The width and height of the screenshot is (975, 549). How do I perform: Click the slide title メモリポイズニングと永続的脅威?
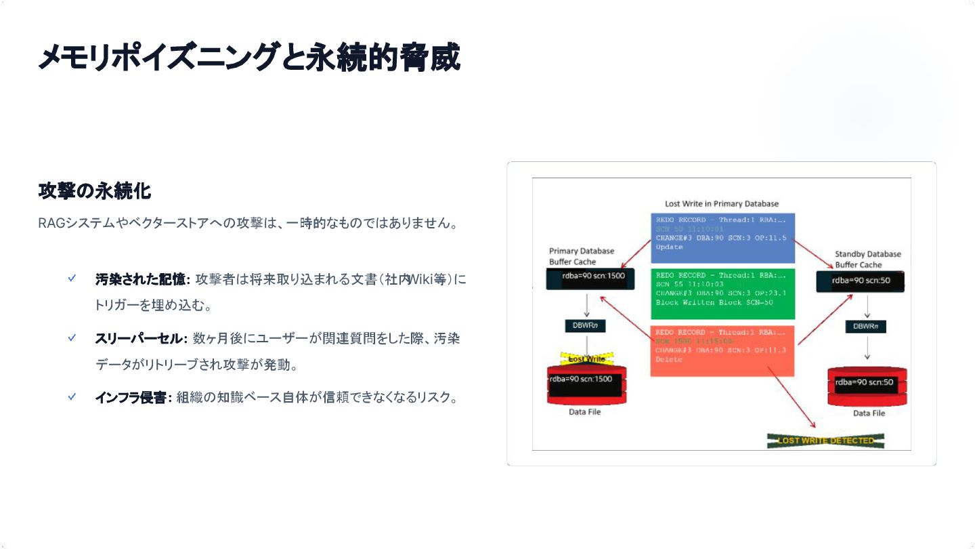[249, 57]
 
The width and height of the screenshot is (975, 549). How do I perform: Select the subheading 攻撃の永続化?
[94, 192]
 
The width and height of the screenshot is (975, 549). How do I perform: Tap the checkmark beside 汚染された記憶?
[72, 278]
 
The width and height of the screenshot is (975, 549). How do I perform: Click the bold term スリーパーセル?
[139, 338]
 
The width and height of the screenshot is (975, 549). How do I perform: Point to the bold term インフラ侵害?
[131, 398]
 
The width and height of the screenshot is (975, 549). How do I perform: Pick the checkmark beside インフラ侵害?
[72, 397]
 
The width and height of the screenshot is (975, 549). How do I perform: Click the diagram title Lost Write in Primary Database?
[722, 203]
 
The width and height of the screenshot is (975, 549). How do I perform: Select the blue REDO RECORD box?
[722, 238]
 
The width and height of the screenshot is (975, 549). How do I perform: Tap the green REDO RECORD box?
[722, 293]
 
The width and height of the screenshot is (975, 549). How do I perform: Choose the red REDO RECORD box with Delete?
[722, 351]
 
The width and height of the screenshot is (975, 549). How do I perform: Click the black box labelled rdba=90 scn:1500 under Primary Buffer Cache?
[586, 277]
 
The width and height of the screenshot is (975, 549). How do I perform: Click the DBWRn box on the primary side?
[586, 326]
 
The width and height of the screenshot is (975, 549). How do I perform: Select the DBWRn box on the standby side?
[866, 326]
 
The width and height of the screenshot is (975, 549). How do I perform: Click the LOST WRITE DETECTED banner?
[825, 441]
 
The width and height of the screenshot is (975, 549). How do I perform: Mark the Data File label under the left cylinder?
[584, 412]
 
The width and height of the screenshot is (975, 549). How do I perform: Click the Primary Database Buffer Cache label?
[581, 256]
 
